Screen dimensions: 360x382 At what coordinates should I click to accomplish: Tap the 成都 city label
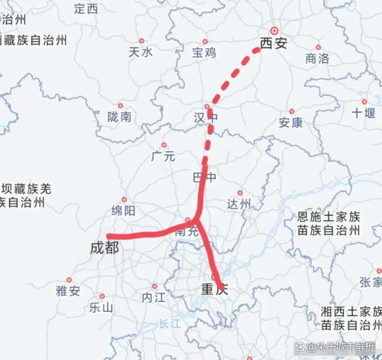104,247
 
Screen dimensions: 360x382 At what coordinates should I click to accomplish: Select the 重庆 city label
215,290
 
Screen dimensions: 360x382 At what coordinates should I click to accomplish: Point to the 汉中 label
205,117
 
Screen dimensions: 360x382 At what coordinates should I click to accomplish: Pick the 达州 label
239,204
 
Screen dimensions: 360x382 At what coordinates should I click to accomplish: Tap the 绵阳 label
123,210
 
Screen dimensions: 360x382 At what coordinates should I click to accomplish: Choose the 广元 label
163,157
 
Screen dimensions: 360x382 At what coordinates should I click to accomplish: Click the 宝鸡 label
204,52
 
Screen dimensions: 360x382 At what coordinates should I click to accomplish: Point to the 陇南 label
119,117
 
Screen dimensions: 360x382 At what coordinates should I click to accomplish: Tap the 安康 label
291,122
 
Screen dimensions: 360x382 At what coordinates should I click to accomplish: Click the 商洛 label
317,58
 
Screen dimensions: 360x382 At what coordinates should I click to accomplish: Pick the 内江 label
154,297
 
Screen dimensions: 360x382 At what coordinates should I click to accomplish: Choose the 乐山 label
101,308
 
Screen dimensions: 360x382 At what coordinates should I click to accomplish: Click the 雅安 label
68,291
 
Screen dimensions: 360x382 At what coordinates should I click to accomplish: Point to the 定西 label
86,9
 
